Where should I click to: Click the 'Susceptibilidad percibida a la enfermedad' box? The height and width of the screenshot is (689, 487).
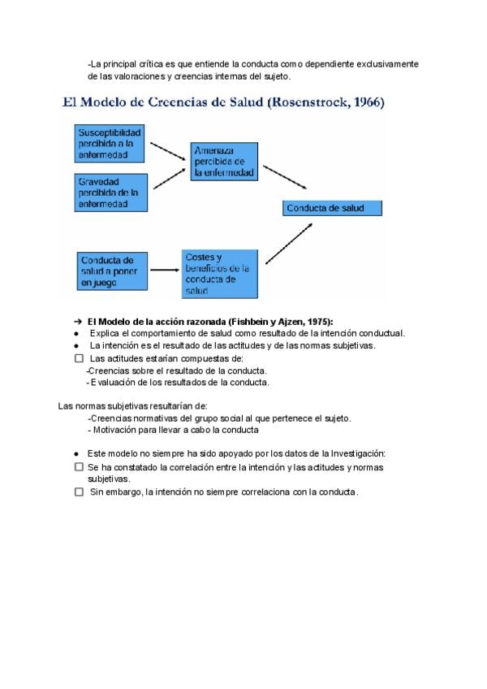tap(110, 143)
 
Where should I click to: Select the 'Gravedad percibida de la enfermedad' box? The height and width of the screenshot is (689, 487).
tap(110, 193)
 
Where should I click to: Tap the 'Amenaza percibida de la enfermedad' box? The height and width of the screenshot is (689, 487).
tap(225, 161)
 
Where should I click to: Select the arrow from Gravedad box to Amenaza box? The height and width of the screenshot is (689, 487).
tap(169, 179)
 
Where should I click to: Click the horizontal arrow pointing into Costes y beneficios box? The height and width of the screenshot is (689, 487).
tap(164, 270)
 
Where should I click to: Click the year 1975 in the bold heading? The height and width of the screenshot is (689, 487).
tap(317, 321)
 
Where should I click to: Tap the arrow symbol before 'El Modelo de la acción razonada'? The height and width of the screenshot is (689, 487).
tap(78, 321)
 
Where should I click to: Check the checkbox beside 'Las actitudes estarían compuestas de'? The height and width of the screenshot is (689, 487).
tap(79, 357)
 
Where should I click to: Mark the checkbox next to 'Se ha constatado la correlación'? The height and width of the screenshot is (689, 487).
tap(79, 467)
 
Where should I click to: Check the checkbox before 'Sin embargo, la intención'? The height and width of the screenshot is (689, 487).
tap(79, 492)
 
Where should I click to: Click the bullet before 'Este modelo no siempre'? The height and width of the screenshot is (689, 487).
tap(76, 454)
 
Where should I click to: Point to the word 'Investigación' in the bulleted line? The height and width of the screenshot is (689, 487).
tap(356, 453)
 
